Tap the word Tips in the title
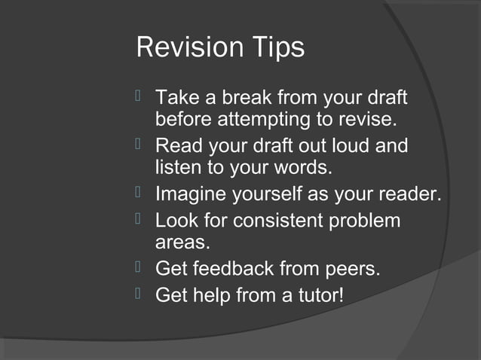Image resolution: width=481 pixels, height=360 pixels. tap(276, 47)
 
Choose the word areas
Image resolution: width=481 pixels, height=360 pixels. tap(182, 243)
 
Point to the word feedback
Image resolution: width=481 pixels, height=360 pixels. tap(238, 268)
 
